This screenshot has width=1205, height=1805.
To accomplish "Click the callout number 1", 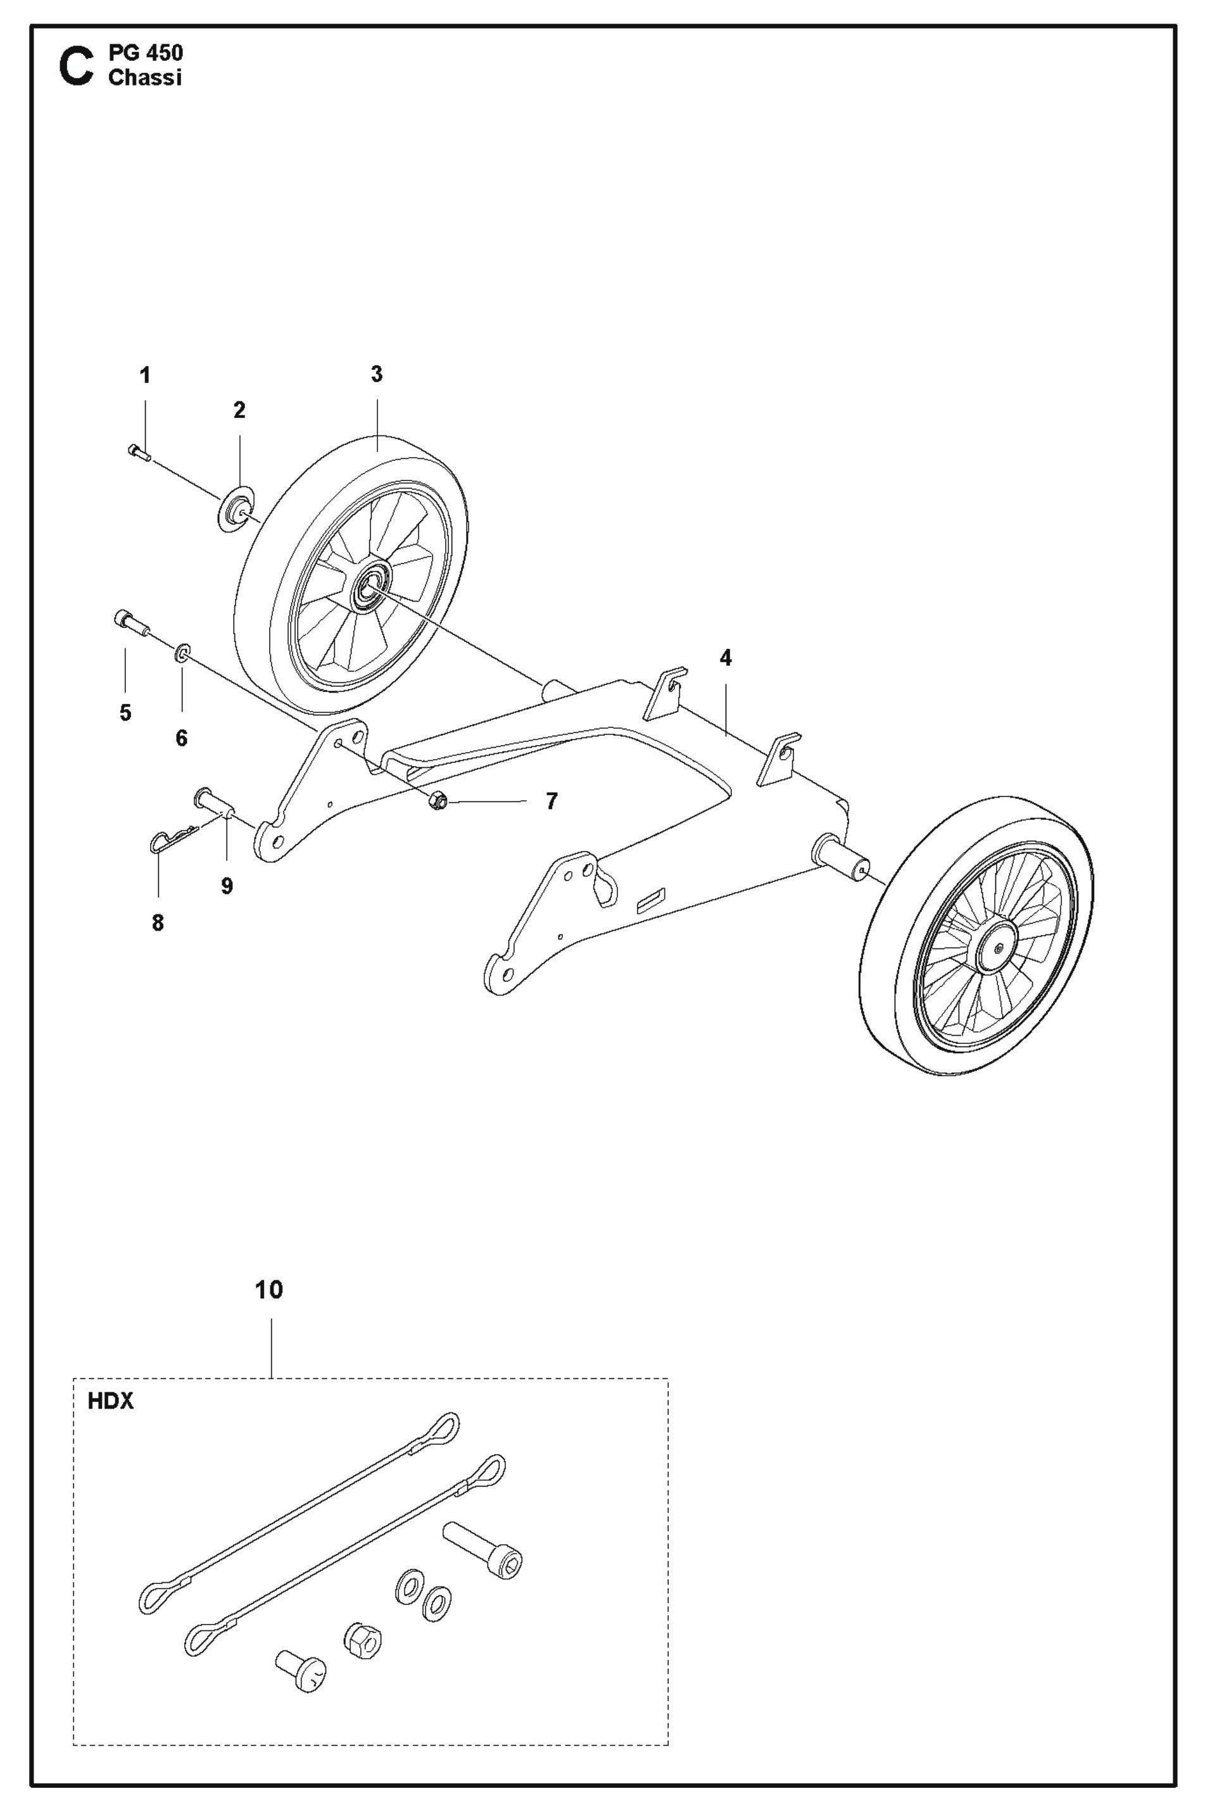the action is click(144, 376).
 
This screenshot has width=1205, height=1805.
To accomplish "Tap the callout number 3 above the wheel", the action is click(377, 374).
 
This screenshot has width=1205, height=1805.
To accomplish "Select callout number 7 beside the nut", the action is click(551, 802).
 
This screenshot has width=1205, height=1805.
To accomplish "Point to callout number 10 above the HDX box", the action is click(269, 1290).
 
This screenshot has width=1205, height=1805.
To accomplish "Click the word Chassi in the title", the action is click(145, 78).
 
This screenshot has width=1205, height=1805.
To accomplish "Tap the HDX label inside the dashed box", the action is click(111, 1402).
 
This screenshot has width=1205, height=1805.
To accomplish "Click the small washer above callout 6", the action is click(183, 653).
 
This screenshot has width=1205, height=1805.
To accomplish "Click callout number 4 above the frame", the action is click(726, 658).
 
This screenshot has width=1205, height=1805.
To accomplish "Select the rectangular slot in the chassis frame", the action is click(652, 898).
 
